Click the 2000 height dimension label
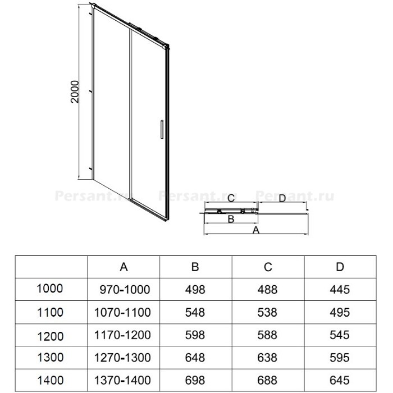[x=75, y=92]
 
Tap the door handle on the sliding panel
[x=162, y=129]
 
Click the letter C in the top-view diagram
[x=231, y=198]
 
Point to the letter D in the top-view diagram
[x=282, y=198]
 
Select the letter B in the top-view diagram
[x=231, y=219]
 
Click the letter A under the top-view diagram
[x=255, y=230]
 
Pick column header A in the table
[x=124, y=267]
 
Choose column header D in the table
[x=340, y=267]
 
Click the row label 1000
[x=49, y=289]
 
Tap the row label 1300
[x=50, y=358]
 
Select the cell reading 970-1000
[x=125, y=290]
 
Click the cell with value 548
[x=195, y=313]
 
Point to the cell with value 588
[x=267, y=335]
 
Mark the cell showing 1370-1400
[x=122, y=381]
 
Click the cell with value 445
[x=340, y=290]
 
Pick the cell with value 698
[x=195, y=381]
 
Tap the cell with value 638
[x=267, y=358]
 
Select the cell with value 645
[x=340, y=381]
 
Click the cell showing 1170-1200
[x=122, y=335]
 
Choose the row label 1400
[x=50, y=381]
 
